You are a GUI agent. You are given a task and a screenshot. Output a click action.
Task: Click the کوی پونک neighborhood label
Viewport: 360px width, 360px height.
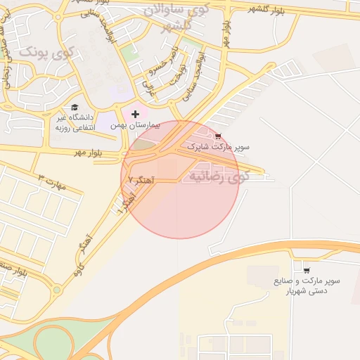coord(46,51)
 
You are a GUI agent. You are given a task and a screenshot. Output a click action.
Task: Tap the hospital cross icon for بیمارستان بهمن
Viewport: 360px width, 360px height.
coord(135,113)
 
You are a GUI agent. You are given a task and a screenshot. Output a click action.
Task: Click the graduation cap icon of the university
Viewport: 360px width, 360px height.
coord(74,107)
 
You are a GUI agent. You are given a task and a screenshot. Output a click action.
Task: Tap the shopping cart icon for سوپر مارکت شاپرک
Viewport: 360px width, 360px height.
coord(217,136)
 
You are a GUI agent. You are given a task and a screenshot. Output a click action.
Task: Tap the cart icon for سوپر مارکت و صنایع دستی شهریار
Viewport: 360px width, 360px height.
coord(306,269)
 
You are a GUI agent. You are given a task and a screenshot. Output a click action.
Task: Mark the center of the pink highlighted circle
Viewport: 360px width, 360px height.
coord(180,179)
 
